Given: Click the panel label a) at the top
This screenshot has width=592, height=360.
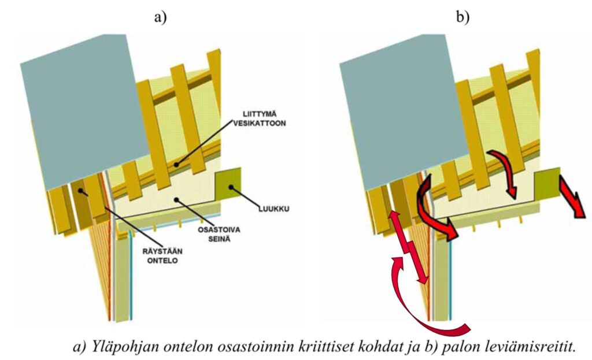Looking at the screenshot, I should click(160, 17).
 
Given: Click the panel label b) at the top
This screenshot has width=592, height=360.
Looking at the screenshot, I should click(462, 17).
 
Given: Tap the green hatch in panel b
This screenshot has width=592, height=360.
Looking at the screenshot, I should click(546, 184).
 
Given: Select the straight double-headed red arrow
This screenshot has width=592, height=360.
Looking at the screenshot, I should click(409, 247).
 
